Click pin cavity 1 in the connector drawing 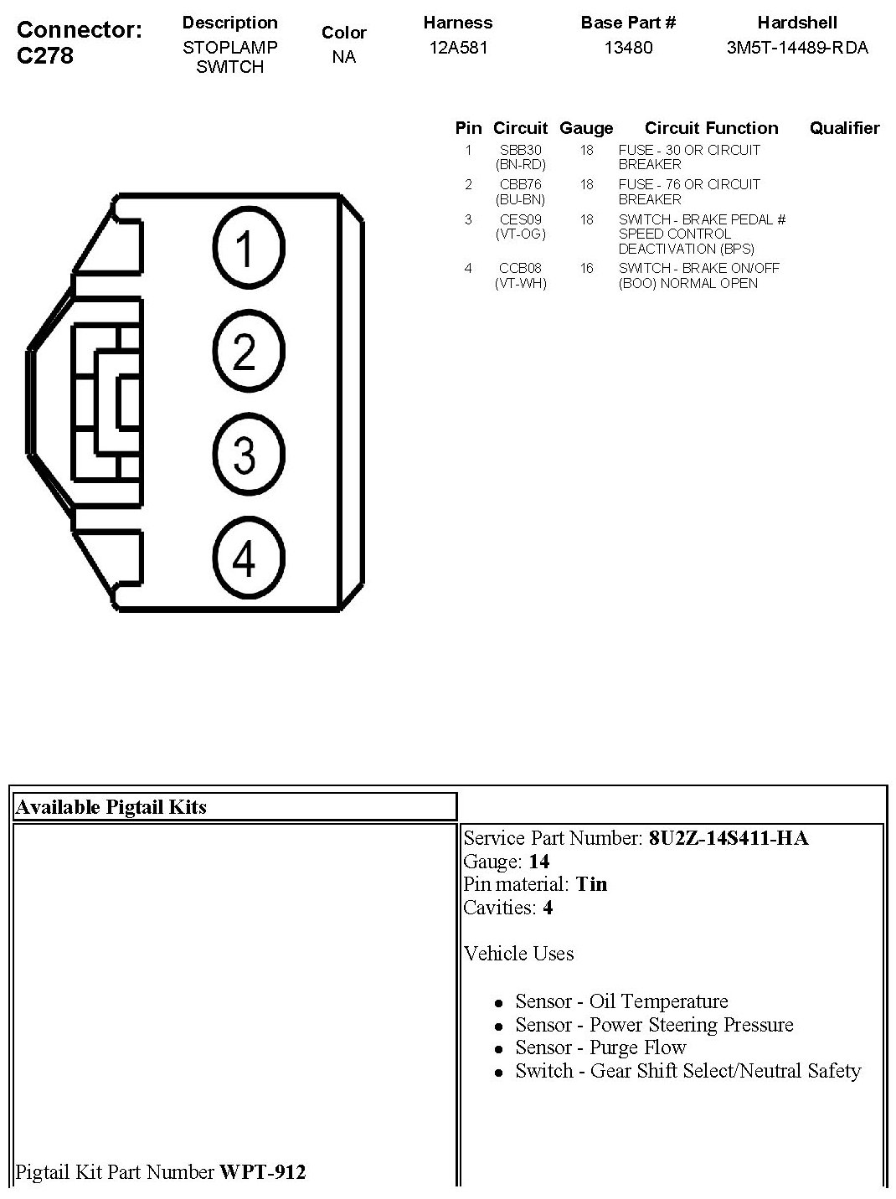tap(249, 249)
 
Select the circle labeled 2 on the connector tap(249, 352)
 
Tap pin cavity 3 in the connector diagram tap(249, 455)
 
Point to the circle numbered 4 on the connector tap(249, 558)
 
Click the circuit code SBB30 tap(520, 150)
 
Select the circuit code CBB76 tap(520, 184)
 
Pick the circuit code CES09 tap(520, 219)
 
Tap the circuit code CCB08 tap(520, 268)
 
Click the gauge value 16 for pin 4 tap(586, 268)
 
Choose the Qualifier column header tap(844, 128)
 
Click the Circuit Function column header tap(711, 128)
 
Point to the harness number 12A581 tap(458, 48)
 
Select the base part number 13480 tap(628, 48)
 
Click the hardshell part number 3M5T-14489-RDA tap(797, 48)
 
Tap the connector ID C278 tap(45, 56)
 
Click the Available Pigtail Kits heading tap(111, 807)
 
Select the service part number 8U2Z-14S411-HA tap(729, 838)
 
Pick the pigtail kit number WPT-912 tap(263, 1172)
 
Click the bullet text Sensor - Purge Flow tap(600, 1047)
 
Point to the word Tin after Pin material tap(591, 884)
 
